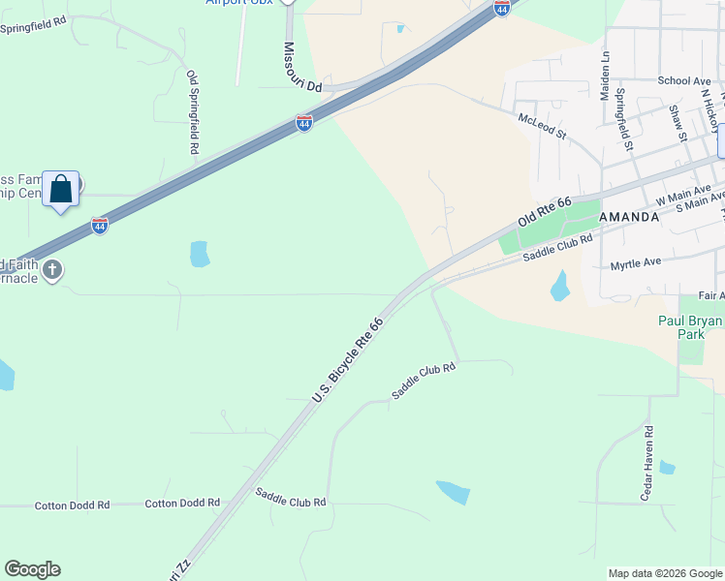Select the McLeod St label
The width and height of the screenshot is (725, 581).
(x=542, y=124)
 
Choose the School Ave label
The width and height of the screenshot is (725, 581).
(x=684, y=81)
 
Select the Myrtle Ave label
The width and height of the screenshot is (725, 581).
(x=636, y=262)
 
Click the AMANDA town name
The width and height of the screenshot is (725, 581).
(x=629, y=217)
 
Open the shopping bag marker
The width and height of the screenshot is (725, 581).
(x=61, y=188)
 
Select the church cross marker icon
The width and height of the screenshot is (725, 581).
(x=52, y=269)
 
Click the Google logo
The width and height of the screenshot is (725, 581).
(x=32, y=569)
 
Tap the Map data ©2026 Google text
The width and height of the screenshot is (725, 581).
(x=665, y=573)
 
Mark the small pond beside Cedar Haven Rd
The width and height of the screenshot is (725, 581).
(x=667, y=468)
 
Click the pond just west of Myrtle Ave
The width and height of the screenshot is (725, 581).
(x=559, y=286)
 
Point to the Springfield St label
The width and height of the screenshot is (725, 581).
(x=625, y=119)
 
